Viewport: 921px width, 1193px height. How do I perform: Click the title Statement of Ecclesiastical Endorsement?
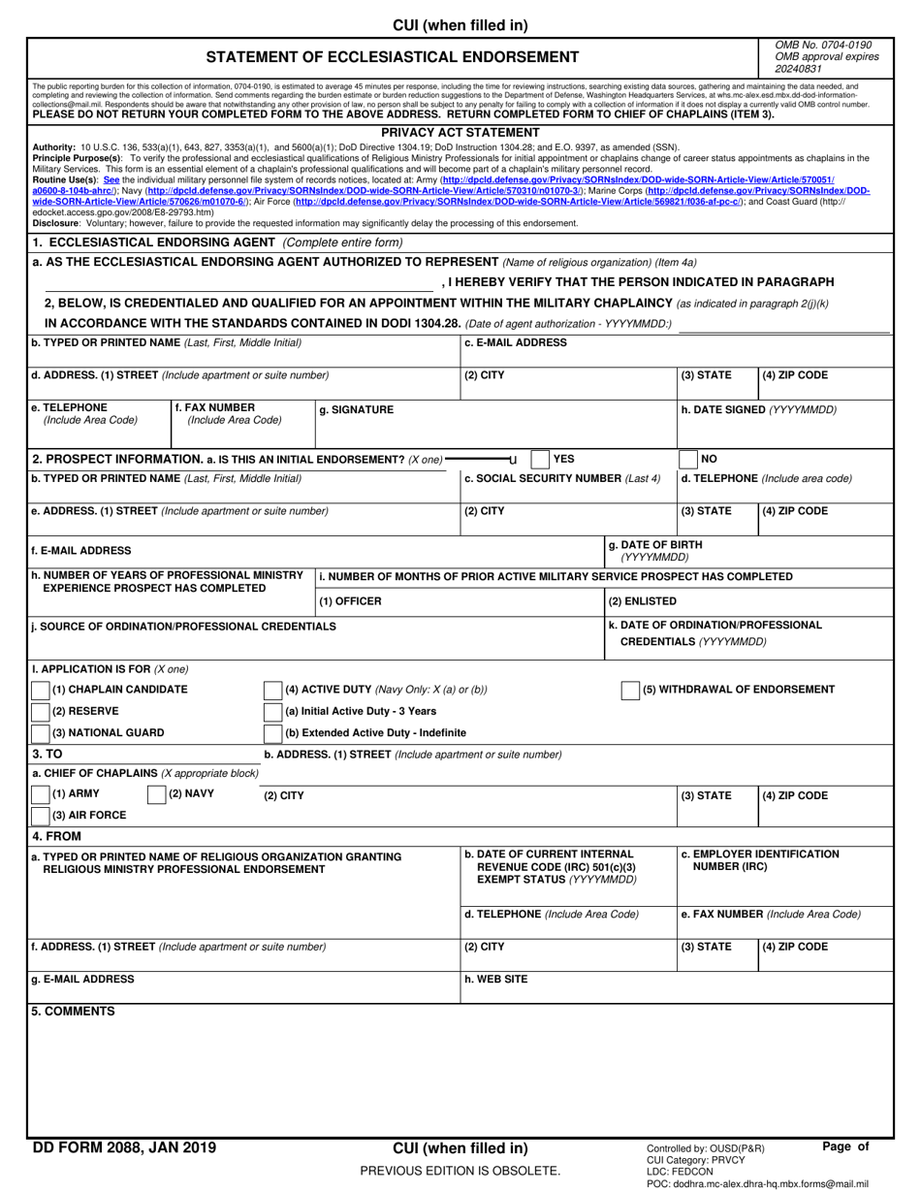point(393,57)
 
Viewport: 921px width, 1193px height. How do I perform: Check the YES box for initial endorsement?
point(540,460)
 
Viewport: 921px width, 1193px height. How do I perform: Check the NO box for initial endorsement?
point(687,460)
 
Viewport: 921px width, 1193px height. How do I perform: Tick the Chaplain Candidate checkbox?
point(41,691)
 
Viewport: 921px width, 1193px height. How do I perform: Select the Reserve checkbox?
point(41,712)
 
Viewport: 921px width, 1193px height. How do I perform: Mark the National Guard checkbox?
point(41,733)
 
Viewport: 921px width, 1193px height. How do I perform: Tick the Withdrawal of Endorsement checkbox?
point(630,691)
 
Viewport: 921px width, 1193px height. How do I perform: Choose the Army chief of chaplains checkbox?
point(41,795)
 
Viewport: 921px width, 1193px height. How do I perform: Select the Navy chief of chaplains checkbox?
point(156,795)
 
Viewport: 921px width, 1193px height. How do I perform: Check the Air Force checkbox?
point(41,816)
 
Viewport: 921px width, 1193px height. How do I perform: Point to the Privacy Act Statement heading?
point(460,133)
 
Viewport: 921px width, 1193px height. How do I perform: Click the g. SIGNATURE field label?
point(356,410)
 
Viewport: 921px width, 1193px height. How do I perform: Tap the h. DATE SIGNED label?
point(758,410)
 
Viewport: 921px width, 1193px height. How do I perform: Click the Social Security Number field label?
point(562,478)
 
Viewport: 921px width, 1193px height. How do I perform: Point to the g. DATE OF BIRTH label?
point(654,545)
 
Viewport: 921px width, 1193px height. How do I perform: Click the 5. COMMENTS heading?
point(73,1012)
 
